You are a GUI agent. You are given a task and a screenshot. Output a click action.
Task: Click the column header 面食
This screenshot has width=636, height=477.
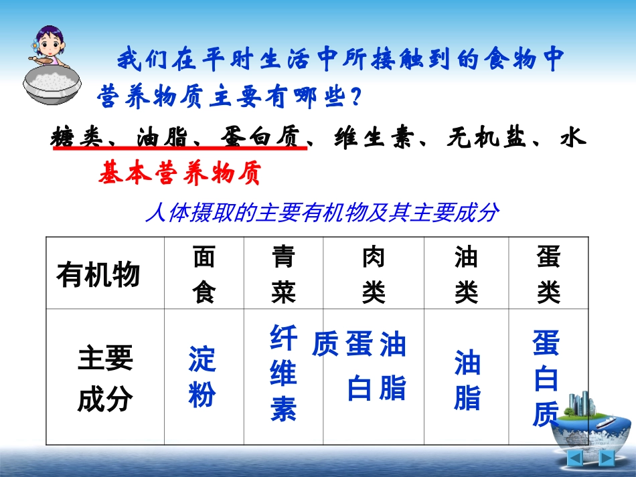204,274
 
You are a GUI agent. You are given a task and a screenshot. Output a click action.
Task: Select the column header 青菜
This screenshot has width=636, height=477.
283,274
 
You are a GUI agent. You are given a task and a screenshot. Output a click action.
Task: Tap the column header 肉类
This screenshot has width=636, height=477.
373,274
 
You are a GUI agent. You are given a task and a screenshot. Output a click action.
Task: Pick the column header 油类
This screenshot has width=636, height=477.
466,274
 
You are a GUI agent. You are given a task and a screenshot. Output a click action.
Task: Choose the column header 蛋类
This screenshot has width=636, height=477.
548,274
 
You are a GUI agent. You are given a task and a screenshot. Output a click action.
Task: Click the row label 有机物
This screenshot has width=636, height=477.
98,275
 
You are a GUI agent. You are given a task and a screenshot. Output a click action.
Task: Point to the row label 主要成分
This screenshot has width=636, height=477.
105,379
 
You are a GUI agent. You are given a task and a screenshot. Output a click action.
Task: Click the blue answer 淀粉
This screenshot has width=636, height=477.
202,377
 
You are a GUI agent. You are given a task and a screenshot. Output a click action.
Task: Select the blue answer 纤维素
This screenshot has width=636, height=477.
283,373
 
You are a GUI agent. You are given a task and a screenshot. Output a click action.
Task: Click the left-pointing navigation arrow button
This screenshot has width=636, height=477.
575,458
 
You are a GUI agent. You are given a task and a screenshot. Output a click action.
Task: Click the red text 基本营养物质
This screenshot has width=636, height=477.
178,174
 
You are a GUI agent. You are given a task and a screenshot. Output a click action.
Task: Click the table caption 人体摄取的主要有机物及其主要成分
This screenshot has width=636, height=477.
321,213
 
